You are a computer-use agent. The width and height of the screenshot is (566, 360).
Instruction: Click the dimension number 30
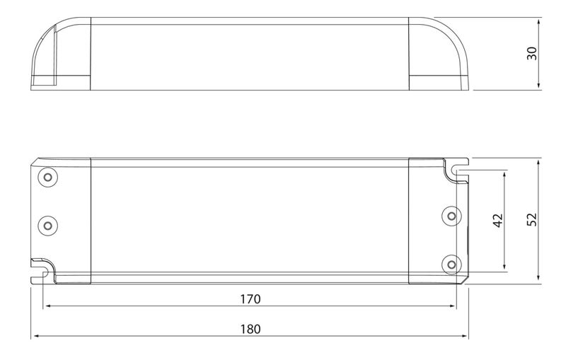532,53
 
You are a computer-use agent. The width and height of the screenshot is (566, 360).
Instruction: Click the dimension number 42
498,221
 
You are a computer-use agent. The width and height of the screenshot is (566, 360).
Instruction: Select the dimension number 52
532,220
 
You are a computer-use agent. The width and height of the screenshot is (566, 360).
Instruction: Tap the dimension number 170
250,299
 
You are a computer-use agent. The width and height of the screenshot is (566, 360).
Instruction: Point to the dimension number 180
250,329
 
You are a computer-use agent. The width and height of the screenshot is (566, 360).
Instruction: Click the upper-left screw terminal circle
47,177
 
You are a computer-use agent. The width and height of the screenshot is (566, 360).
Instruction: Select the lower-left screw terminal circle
47,226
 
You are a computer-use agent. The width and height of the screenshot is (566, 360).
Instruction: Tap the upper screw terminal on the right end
451,216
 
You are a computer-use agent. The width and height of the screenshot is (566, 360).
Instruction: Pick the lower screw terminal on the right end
451,265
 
